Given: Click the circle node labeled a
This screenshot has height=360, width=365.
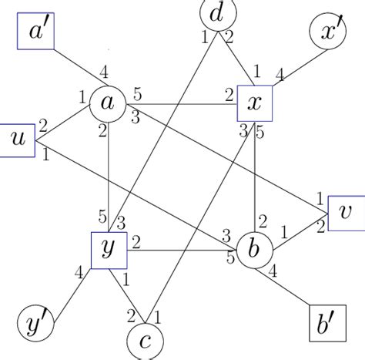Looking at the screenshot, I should pos(108,103).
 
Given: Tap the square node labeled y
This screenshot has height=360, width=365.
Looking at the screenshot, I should pos(109,251).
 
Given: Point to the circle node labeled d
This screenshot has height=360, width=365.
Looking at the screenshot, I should pos(218,13).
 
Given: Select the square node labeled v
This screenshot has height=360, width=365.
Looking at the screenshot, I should pos(347,213).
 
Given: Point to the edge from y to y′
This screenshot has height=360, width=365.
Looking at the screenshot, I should pos(72,287).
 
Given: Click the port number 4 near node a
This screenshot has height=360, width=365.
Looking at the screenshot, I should pos(104,75).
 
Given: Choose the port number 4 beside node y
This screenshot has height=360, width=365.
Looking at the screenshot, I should pos(77,271).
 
